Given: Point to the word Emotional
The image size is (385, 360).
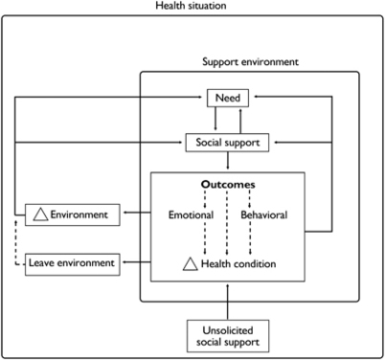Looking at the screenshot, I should click(x=190, y=214).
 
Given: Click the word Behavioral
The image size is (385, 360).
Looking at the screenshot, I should click(x=263, y=214).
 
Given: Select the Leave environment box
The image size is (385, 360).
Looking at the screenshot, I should click(x=72, y=261).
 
